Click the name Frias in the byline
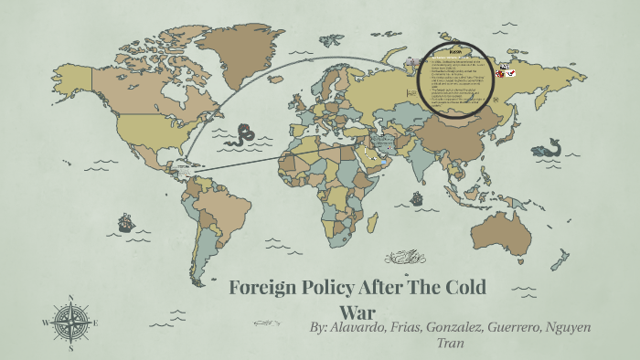click(390, 326)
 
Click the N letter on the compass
click(71, 297)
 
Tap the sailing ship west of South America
click(124, 222)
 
